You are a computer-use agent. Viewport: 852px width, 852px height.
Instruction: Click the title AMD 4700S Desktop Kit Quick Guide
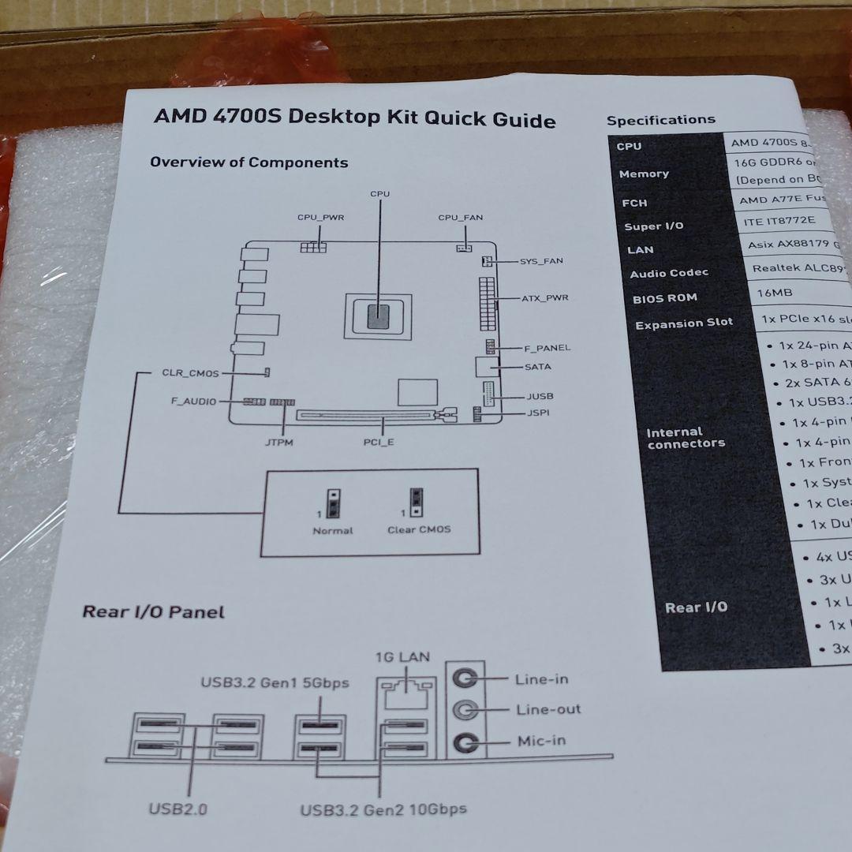tap(354, 118)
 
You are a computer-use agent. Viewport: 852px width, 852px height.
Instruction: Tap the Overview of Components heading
tap(248, 163)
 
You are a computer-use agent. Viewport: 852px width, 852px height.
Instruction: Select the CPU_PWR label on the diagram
tap(320, 217)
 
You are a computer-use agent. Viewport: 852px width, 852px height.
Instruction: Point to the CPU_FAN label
tap(461, 217)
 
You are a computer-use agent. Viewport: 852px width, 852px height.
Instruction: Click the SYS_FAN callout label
tap(541, 261)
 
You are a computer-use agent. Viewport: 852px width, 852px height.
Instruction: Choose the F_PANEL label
tap(547, 347)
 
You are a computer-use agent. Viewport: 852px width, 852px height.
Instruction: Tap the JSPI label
tap(539, 413)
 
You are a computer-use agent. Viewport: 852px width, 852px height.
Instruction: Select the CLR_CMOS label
tap(190, 373)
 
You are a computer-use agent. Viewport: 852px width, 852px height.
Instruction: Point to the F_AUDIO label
tap(193, 402)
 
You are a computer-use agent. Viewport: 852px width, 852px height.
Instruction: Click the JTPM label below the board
tap(279, 443)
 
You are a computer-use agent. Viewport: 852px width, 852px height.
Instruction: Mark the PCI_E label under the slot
tap(379, 442)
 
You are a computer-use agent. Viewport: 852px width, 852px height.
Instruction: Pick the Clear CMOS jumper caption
tap(419, 529)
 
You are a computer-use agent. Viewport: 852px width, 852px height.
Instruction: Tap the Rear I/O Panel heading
tap(154, 611)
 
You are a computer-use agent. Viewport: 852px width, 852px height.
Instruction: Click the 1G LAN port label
tap(402, 656)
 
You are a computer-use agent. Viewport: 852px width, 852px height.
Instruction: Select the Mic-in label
tap(541, 741)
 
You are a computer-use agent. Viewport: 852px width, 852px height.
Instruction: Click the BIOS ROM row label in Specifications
tap(664, 298)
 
